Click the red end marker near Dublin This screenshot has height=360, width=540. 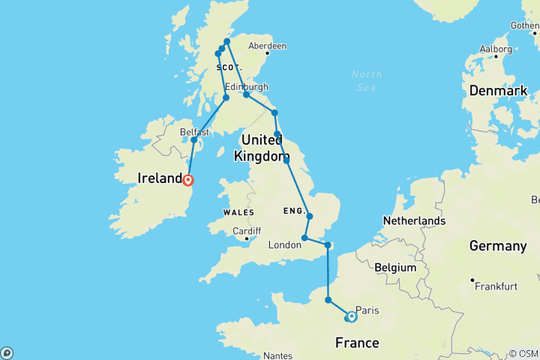click(188, 180)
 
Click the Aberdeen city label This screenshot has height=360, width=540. click(268, 46)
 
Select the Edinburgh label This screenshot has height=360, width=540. click(246, 87)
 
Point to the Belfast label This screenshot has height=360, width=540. click(193, 131)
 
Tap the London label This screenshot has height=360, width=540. click(284, 246)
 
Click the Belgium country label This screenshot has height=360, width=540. click(396, 267)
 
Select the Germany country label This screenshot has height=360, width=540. click(497, 246)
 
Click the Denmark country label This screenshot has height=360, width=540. click(498, 91)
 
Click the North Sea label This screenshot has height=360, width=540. click(366, 80)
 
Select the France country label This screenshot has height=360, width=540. click(358, 343)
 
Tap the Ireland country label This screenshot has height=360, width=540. click(160, 178)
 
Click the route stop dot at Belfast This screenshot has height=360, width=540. click(193, 140)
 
